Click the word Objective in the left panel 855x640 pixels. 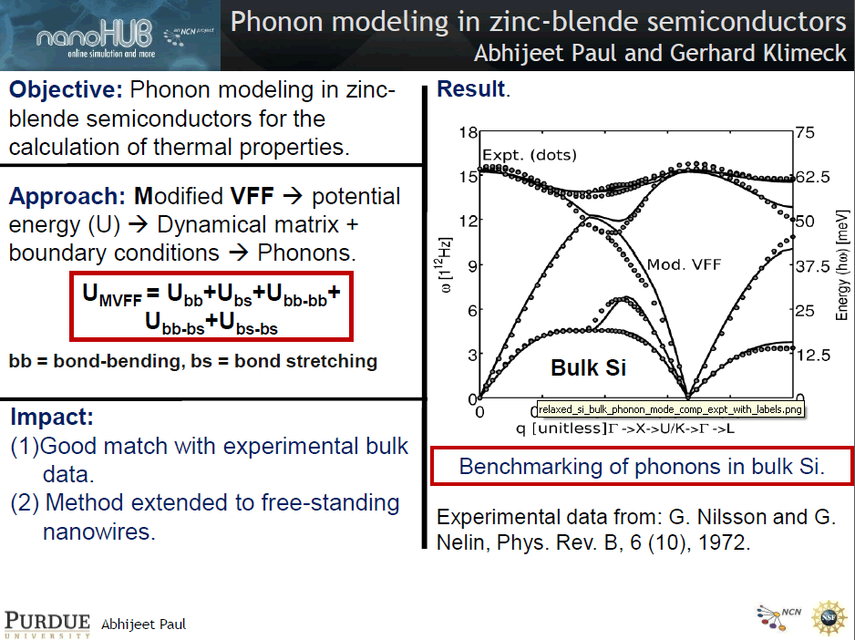point(66,90)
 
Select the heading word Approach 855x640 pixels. point(67,196)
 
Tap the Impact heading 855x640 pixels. point(52,417)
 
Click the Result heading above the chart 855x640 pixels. point(471,89)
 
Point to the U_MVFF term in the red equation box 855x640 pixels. point(112,294)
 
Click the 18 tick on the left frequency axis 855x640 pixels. point(468,132)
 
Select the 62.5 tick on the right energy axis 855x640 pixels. point(812,177)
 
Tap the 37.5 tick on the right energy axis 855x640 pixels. point(812,266)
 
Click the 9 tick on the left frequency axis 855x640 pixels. point(472,266)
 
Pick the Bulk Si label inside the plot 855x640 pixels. point(588,367)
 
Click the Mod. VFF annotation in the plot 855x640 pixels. point(684,264)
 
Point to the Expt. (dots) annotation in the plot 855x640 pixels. point(530,155)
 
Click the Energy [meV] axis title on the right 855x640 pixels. point(842,265)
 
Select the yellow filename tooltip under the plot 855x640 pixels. point(670,409)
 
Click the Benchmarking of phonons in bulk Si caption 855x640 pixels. point(642,467)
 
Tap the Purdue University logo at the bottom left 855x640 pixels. point(47,625)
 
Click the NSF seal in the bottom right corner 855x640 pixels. point(829,617)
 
